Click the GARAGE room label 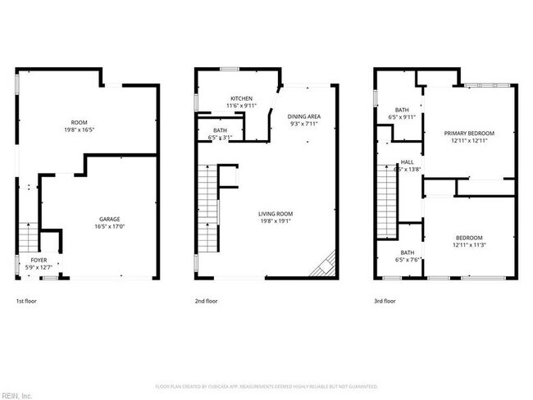110,219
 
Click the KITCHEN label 241,98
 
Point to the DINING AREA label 303,116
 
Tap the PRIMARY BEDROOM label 470,133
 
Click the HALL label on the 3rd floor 408,162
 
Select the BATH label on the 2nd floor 220,130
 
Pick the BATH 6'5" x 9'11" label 402,110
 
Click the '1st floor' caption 26,301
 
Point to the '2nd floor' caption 206,301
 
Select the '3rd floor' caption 385,301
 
